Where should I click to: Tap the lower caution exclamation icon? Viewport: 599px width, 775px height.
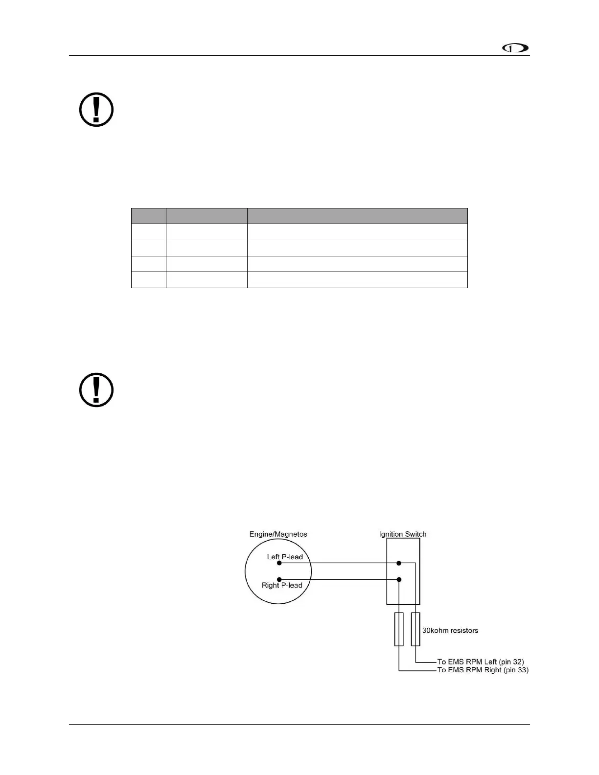point(96,390)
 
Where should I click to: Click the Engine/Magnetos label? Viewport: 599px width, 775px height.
point(278,534)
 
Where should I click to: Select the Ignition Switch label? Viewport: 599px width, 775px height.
point(403,534)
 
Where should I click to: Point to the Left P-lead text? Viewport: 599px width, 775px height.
point(285,557)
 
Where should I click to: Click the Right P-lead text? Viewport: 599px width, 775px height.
point(282,585)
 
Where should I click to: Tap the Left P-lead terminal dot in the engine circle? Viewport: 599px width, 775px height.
point(279,563)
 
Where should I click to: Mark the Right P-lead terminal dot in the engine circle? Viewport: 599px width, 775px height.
point(279,579)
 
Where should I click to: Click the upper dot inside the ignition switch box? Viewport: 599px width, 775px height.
point(399,563)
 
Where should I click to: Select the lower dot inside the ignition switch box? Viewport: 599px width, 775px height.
point(399,579)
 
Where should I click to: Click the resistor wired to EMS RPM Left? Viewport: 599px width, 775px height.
point(415,629)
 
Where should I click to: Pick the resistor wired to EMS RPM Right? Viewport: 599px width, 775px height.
point(399,629)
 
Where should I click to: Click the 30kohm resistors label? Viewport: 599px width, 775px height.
point(450,630)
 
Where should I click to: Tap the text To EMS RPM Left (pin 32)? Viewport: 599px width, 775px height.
point(480,662)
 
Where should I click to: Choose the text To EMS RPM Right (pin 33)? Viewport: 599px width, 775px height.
point(483,670)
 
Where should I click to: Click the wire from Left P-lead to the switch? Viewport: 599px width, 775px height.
point(343,563)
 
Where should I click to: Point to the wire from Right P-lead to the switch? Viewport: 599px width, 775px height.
point(343,579)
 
